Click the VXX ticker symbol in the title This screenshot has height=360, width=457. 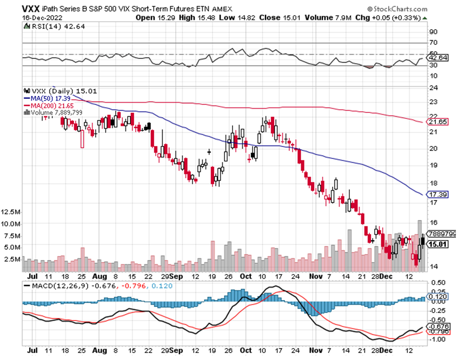[x=32, y=9]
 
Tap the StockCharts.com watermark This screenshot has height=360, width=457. [x=398, y=9]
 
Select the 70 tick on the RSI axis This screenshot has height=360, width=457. [x=433, y=43]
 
